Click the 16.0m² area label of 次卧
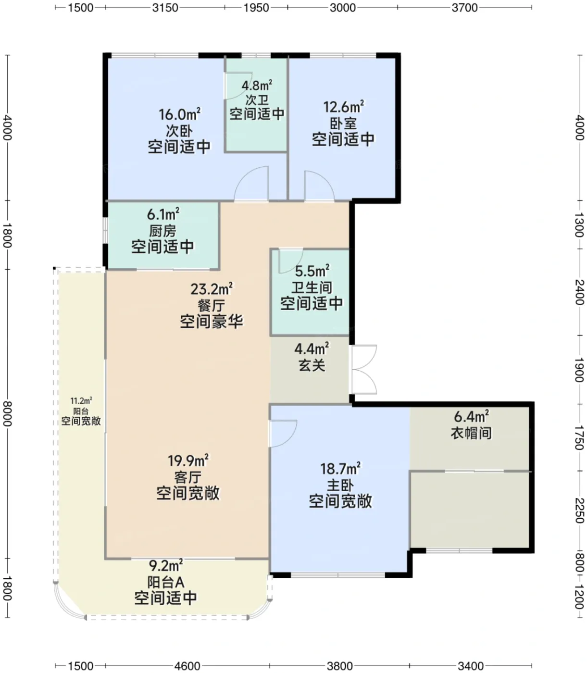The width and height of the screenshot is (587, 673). tap(179, 114)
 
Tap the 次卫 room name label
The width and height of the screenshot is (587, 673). tap(257, 100)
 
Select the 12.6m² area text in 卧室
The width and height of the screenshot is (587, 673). tap(343, 107)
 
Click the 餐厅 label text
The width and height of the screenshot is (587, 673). tap(212, 306)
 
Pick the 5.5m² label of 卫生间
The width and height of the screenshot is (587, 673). tap(312, 271)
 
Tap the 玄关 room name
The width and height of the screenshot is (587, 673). tap(312, 365)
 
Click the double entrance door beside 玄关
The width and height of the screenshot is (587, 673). tap(364, 369)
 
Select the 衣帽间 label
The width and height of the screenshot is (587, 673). tap(471, 433)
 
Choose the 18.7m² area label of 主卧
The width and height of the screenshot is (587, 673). tap(340, 468)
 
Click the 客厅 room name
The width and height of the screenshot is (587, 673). tap(188, 477)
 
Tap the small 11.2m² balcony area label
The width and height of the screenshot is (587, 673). tap(81, 401)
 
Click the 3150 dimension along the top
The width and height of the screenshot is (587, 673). tap(165, 8)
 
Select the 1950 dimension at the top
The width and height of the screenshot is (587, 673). tap(256, 8)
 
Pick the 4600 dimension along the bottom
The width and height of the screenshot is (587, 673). tap(187, 666)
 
